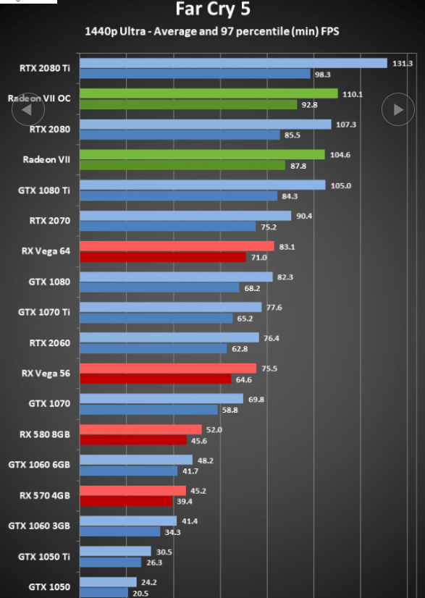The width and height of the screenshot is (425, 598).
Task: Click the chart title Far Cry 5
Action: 213,9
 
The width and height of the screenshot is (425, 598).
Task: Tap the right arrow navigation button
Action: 398,109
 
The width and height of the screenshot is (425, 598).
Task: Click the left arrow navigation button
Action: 28,109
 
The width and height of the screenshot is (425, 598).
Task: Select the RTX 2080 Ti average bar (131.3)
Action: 233,63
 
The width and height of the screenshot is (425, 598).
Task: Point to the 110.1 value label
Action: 352,94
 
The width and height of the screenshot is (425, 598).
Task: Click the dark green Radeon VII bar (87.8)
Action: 182,165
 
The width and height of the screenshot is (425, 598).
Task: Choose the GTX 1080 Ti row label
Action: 44,190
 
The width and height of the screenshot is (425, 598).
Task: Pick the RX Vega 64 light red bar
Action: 177,246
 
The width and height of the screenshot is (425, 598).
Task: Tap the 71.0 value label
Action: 258,258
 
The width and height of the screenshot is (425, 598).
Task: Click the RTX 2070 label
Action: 50,220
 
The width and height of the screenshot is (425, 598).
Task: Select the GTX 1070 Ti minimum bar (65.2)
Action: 156,318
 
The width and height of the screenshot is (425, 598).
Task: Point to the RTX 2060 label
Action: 50,342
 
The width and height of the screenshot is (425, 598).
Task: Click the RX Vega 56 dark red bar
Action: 156,379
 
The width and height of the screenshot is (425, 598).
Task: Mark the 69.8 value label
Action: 256,400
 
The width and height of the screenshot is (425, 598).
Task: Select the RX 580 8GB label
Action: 45,434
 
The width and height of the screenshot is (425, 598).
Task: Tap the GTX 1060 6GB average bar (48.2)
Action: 136,460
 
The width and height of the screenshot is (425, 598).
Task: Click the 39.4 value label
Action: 185,502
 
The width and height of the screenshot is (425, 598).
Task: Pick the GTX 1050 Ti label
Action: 44,557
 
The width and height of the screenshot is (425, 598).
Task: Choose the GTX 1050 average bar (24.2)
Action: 109,582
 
